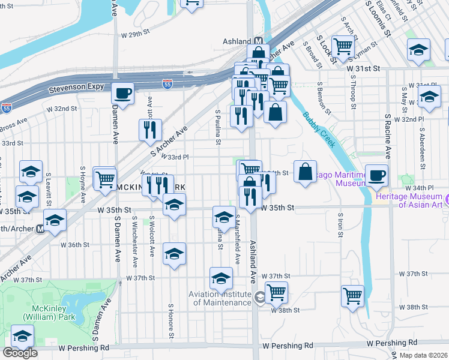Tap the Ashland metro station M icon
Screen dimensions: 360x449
[x=259, y=41]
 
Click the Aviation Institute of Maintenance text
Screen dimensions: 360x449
[x=220, y=298]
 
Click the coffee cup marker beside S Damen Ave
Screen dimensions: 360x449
[x=123, y=94]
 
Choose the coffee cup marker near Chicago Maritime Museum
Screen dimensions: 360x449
[x=377, y=175]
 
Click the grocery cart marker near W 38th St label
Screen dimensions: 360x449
[x=276, y=293]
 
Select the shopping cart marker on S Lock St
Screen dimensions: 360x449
[x=343, y=46]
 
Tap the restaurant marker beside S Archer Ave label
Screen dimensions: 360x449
[x=149, y=130]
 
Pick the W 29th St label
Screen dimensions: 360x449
[x=134, y=34]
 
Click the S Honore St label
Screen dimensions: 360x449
[x=171, y=317]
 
